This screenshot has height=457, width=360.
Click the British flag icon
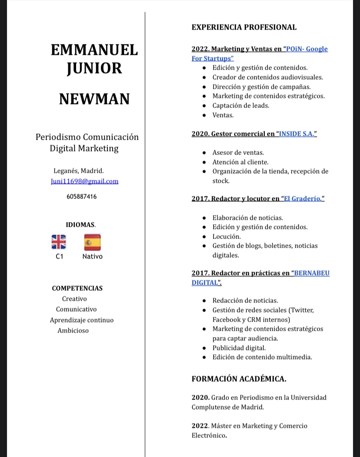click(x=59, y=242)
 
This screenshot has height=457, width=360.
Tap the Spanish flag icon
click(x=92, y=242)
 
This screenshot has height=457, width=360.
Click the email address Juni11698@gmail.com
click(x=85, y=181)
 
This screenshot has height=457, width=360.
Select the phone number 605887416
click(x=82, y=197)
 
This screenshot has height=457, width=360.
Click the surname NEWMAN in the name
click(x=94, y=99)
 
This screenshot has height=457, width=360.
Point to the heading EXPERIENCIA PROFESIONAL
click(x=244, y=27)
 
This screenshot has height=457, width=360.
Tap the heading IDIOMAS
click(x=80, y=225)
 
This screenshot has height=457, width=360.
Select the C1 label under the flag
click(x=60, y=256)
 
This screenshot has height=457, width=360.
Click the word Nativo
click(x=93, y=256)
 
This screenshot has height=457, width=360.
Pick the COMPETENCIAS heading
click(x=77, y=288)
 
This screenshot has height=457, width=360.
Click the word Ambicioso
click(x=73, y=330)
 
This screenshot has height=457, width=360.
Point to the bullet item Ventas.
click(x=223, y=115)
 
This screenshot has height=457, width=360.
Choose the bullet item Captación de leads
click(x=241, y=105)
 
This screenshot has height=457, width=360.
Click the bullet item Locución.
click(x=227, y=236)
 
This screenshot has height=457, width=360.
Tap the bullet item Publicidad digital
click(x=239, y=348)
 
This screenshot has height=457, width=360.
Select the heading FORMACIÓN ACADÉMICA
click(x=239, y=379)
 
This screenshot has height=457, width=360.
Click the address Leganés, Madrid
click(x=79, y=170)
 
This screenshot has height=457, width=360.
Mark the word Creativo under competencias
click(x=74, y=299)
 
